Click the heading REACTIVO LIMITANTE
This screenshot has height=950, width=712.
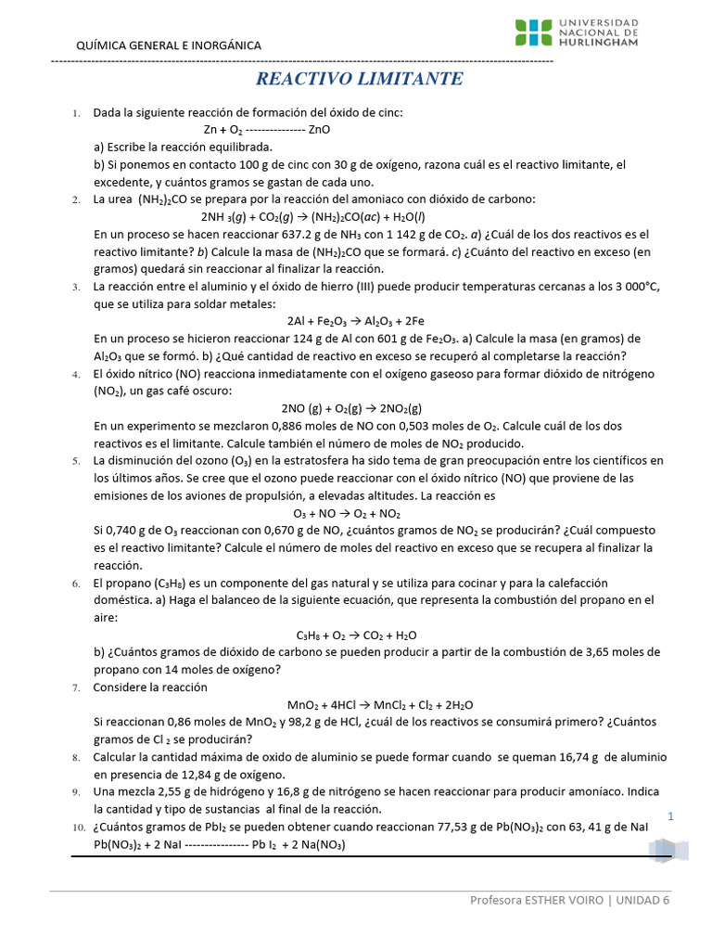359,79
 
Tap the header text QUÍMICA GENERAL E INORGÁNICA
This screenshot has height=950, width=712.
168,45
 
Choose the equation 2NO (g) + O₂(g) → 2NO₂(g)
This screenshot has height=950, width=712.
351,408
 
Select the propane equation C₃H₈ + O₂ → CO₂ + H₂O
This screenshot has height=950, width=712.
356,635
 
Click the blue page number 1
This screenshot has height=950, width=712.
669,815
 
